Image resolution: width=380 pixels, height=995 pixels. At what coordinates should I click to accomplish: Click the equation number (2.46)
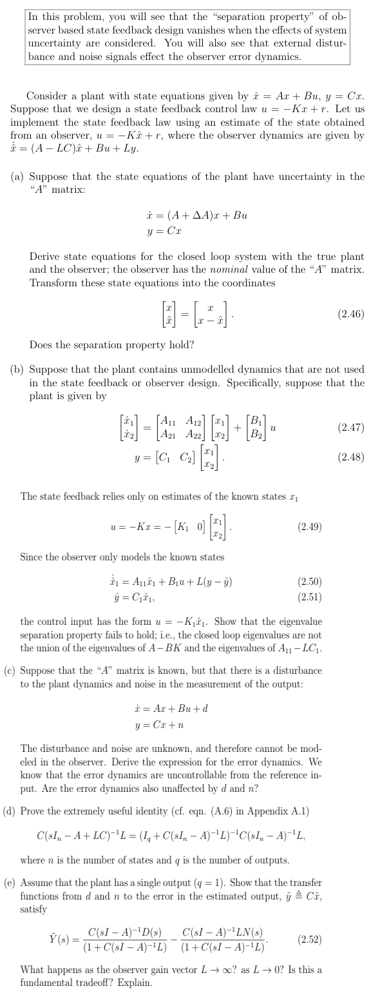click(350, 314)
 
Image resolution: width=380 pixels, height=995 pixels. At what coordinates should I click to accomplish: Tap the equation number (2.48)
click(350, 457)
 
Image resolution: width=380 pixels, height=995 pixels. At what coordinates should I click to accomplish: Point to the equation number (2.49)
click(310, 526)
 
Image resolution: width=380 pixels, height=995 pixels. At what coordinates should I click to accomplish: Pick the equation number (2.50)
click(310, 581)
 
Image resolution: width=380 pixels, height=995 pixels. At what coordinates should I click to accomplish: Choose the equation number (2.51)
click(310, 594)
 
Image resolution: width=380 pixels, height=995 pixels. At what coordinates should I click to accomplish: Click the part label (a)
click(17, 176)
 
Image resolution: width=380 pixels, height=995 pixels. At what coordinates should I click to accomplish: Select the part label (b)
click(17, 369)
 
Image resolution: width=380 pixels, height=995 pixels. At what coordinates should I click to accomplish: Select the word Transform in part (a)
click(52, 282)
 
